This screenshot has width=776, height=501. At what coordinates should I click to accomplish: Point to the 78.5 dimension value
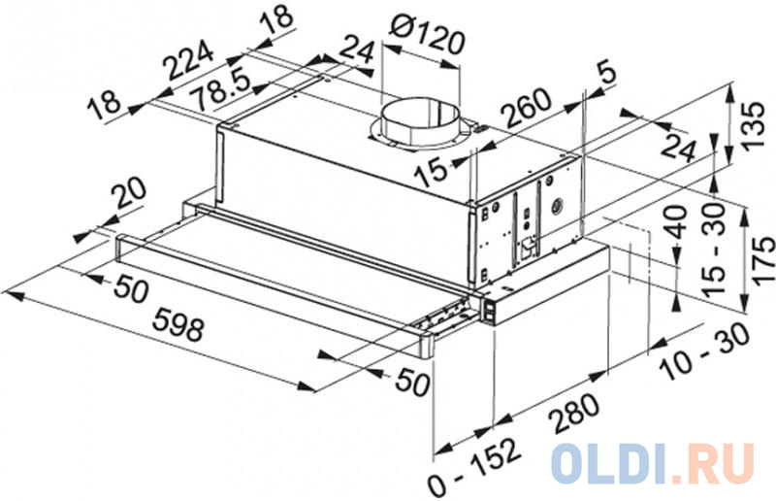[x=221, y=90]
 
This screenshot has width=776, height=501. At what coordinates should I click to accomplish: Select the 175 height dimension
[x=762, y=259]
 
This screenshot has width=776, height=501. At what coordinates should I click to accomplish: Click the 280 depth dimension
[x=574, y=413]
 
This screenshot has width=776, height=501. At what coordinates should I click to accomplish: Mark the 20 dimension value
[x=129, y=194]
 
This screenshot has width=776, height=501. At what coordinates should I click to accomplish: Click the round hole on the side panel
[x=557, y=204]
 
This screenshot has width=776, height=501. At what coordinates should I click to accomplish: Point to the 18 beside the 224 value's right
[x=277, y=20]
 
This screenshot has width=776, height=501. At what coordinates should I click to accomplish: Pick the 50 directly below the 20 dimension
[x=130, y=288]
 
